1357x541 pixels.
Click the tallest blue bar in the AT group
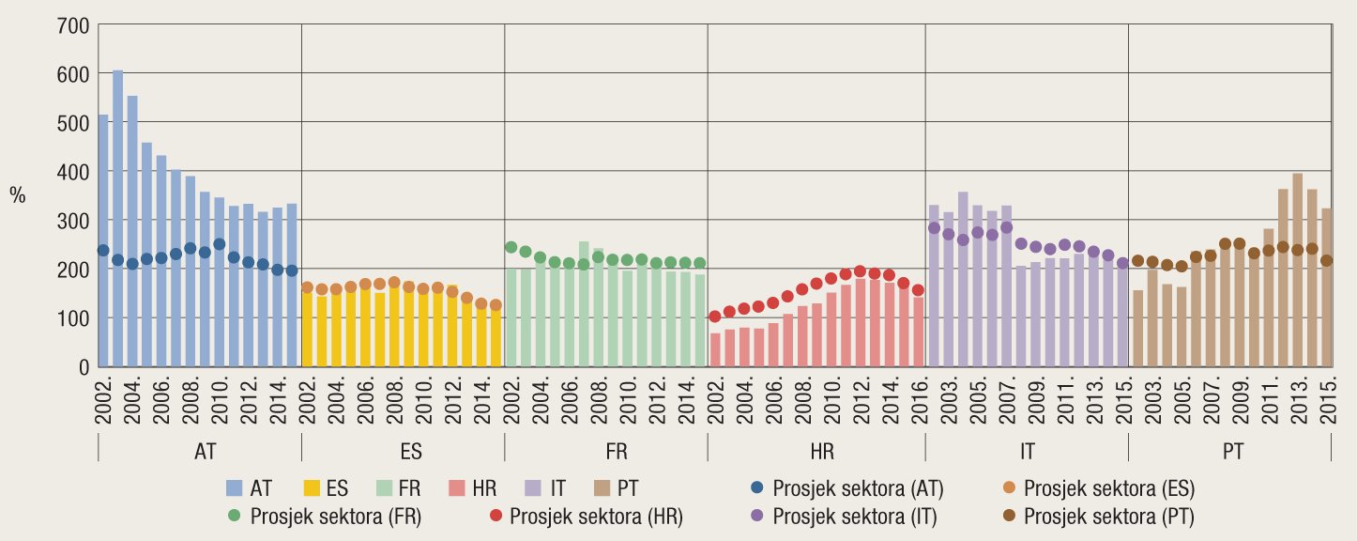click(117, 218)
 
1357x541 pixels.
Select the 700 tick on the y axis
click(74, 25)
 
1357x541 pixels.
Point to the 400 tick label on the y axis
click(74, 172)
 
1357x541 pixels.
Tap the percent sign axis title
click(18, 195)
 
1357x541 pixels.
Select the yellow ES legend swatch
click(313, 488)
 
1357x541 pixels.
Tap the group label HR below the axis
click(822, 452)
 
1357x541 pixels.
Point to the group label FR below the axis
click(617, 452)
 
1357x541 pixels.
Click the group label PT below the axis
click(1233, 452)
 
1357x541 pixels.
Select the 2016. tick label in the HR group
click(919, 402)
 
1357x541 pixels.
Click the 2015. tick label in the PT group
click(1327, 402)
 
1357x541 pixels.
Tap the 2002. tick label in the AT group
click(103, 402)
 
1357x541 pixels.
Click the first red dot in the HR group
click(715, 317)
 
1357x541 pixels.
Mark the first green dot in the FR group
click(511, 247)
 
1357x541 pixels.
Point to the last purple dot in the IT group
click(1122, 264)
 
